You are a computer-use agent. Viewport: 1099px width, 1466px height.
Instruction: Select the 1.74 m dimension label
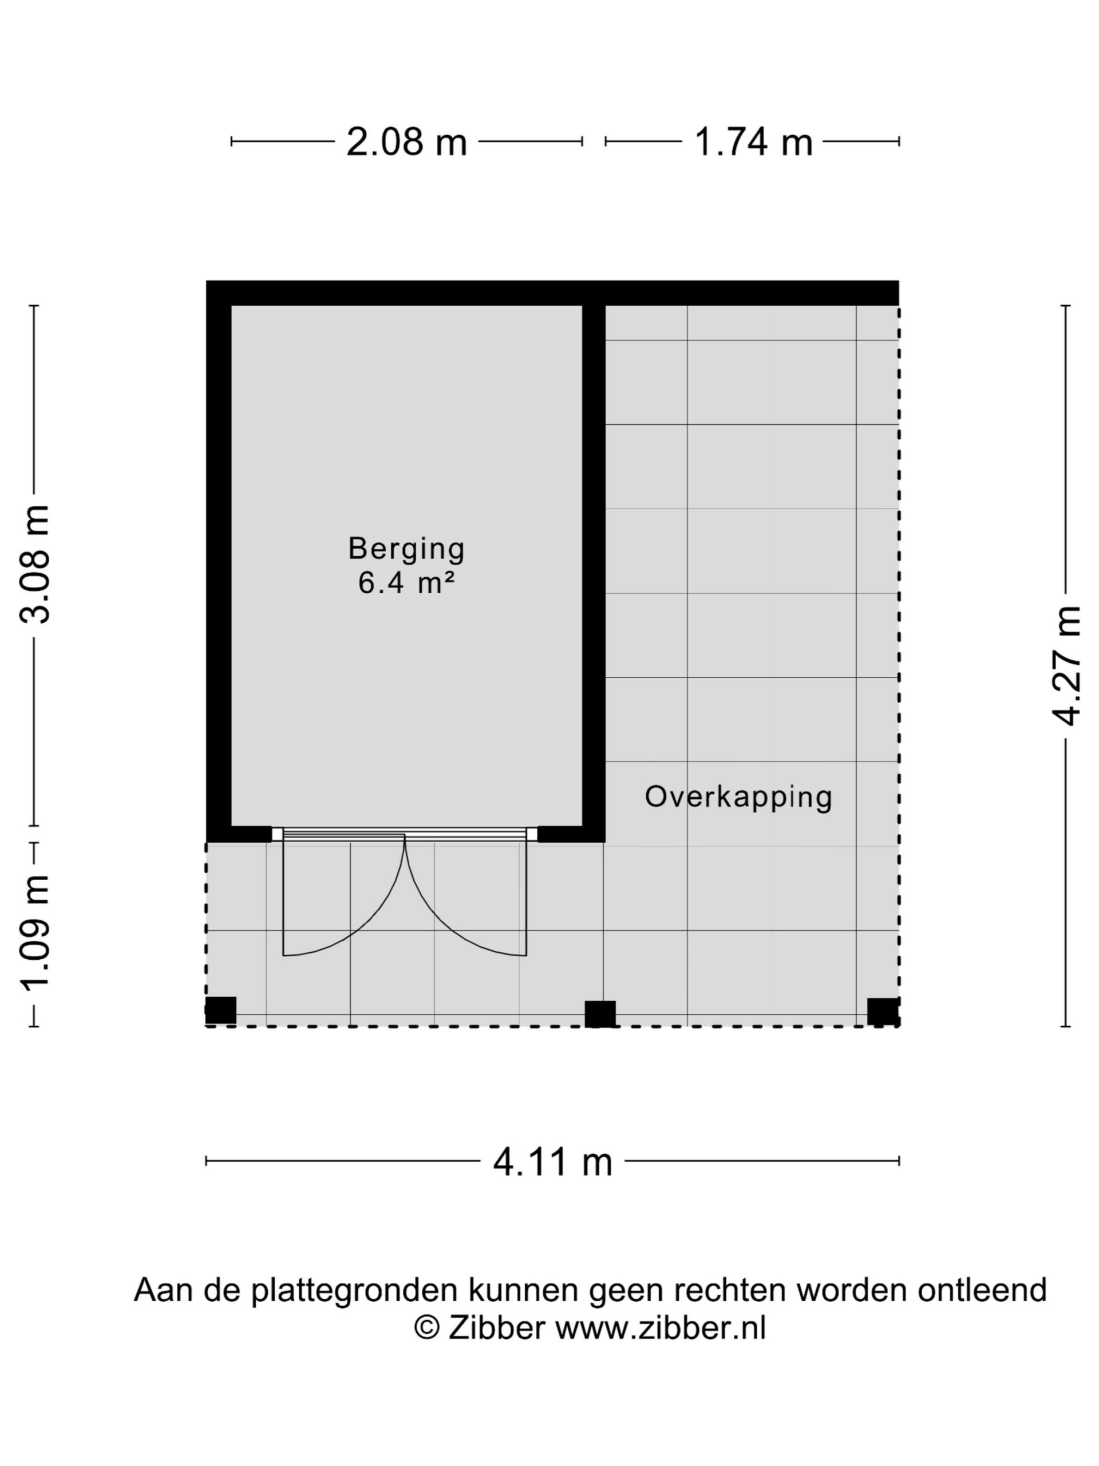[753, 142]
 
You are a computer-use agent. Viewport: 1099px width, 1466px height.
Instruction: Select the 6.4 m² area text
[406, 582]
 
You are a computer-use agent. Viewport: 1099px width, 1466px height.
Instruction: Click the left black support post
[220, 1010]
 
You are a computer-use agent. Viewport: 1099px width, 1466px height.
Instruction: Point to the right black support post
[883, 1011]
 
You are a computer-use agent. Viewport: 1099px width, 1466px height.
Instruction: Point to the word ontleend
[982, 1290]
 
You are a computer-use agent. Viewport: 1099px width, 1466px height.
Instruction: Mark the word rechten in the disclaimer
[731, 1290]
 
